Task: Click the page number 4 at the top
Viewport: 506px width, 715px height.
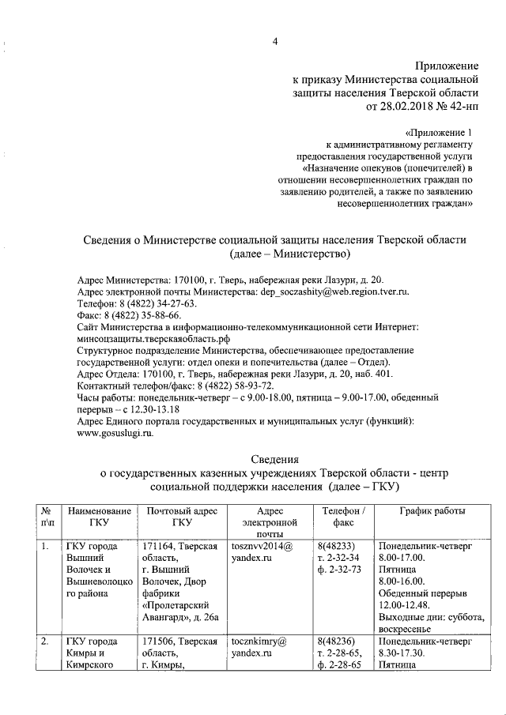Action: coord(275,43)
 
